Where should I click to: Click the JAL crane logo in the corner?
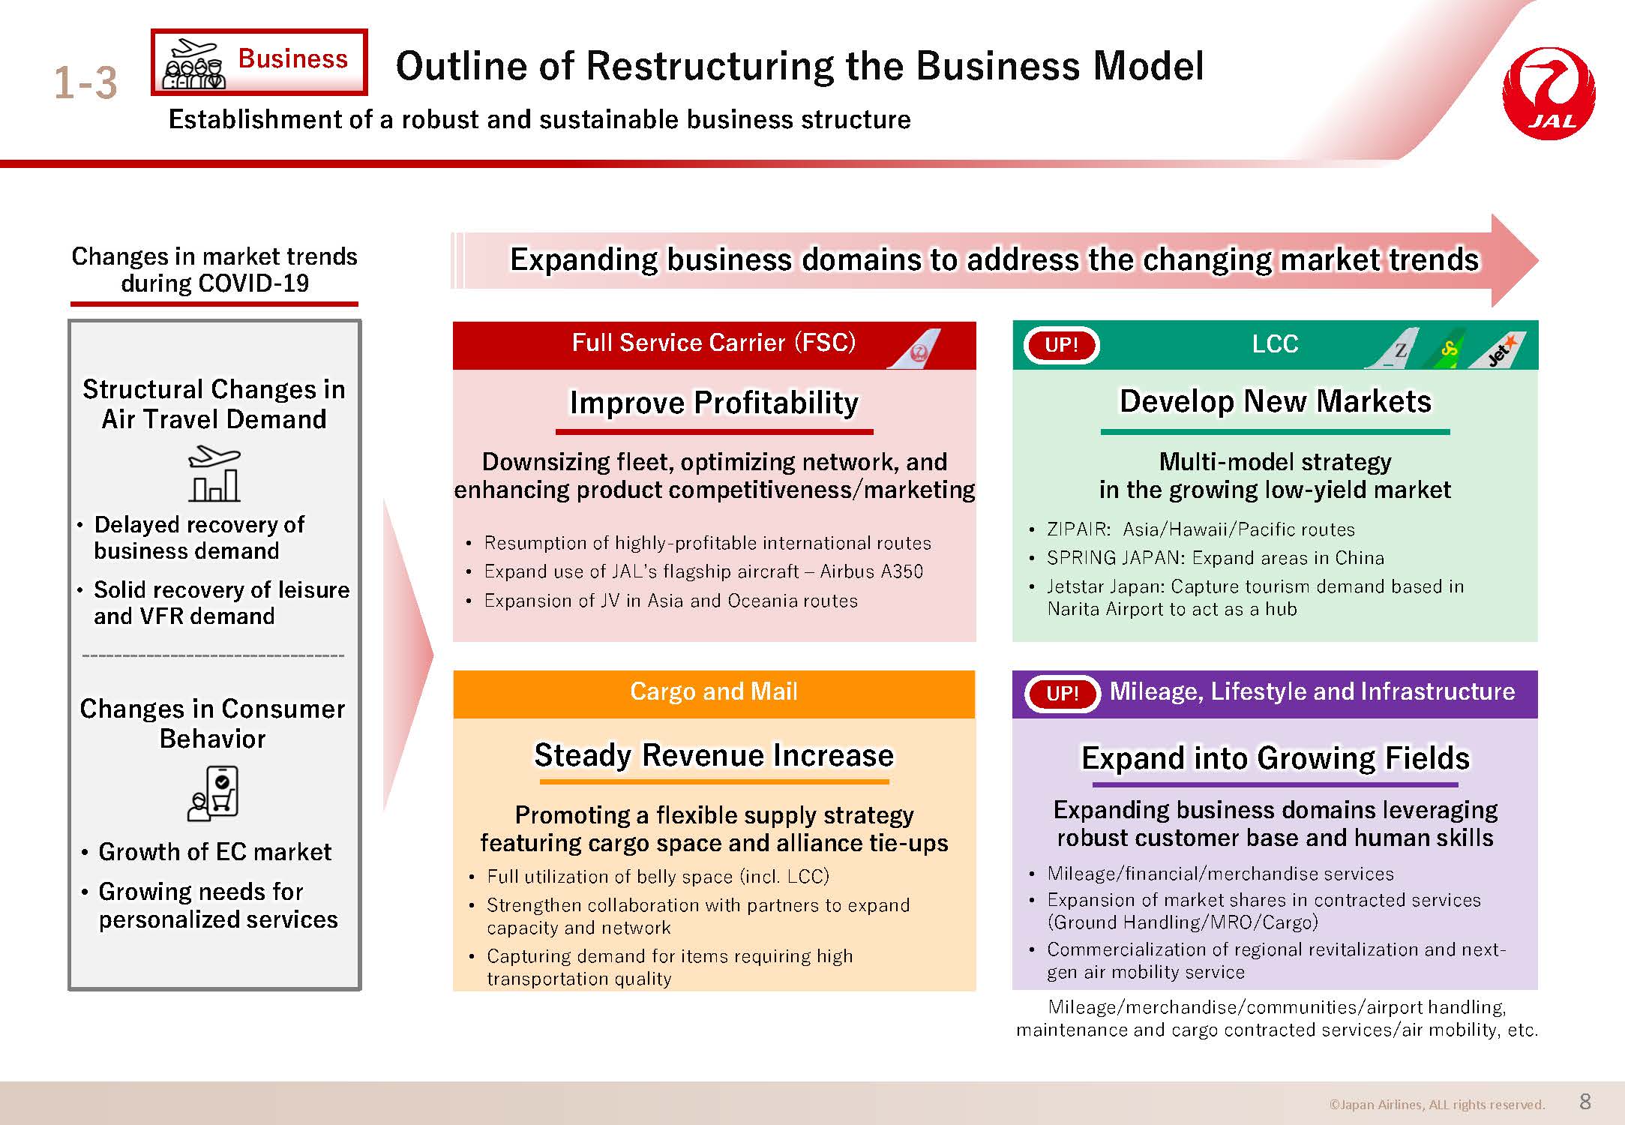pyautogui.click(x=1549, y=94)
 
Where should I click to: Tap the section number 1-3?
pyautogui.click(x=85, y=82)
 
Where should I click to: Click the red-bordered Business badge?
pyautogui.click(x=259, y=62)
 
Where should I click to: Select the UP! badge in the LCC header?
pyautogui.click(x=1061, y=345)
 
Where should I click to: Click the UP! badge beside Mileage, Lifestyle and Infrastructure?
pyautogui.click(x=1062, y=693)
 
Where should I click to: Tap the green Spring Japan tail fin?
pyautogui.click(x=1448, y=349)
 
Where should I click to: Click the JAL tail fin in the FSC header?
pyautogui.click(x=914, y=349)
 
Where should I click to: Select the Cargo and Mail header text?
pyautogui.click(x=714, y=691)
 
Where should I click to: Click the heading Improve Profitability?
pyautogui.click(x=714, y=403)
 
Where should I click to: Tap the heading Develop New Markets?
pyautogui.click(x=1276, y=401)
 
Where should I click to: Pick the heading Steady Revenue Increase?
pyautogui.click(x=714, y=755)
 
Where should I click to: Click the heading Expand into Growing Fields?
pyautogui.click(x=1276, y=758)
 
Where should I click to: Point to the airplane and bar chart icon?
pyautogui.click(x=214, y=474)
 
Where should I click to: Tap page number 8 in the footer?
pyautogui.click(x=1585, y=1101)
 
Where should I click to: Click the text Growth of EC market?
pyautogui.click(x=215, y=852)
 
